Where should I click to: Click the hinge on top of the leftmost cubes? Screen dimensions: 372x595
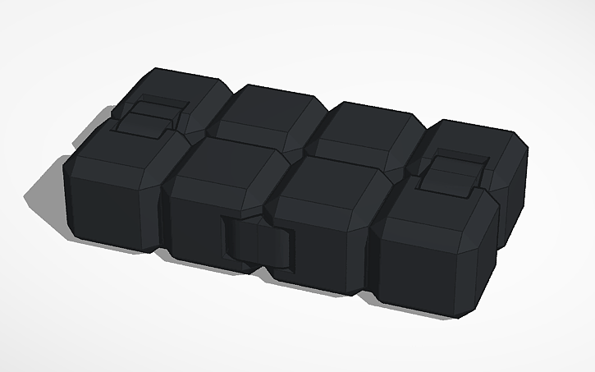point(148,117)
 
